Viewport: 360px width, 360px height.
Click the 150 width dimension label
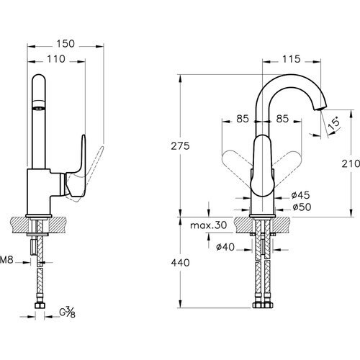point(66,44)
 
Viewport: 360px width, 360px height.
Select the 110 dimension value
point(56,59)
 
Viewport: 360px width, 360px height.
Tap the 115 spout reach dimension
point(291,59)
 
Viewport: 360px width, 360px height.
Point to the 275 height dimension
point(180,146)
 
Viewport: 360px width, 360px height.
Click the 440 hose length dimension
point(180,263)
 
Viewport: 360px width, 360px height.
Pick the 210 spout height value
point(351,163)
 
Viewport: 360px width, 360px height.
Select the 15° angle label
point(334,124)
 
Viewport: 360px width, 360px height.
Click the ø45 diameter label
point(300,195)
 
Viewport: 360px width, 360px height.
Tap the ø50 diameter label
point(302,207)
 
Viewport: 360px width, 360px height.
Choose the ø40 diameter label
point(225,247)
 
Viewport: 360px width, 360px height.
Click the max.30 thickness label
point(208,225)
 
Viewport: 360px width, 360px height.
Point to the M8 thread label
point(6,260)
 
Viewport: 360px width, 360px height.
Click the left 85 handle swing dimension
point(243,119)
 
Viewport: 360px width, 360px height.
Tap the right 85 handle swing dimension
point(282,119)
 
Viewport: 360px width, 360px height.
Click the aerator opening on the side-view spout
point(38,108)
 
